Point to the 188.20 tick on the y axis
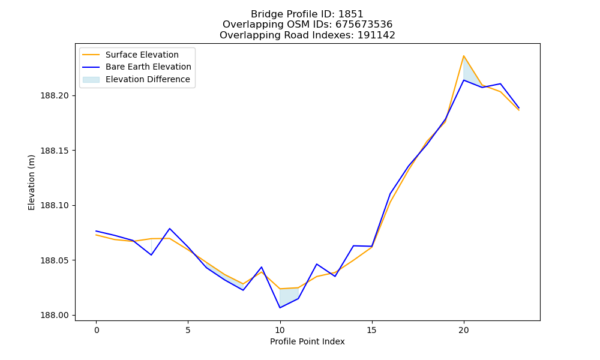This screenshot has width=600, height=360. pyautogui.click(x=55, y=95)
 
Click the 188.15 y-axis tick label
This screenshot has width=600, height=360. pyautogui.click(x=55, y=151)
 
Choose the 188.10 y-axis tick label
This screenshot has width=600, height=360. pyautogui.click(x=55, y=205)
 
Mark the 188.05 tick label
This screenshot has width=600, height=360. pyautogui.click(x=55, y=260)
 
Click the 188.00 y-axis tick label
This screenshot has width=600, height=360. pyautogui.click(x=55, y=316)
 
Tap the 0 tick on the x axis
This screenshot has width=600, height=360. pyautogui.click(x=96, y=330)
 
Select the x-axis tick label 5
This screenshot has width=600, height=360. pyautogui.click(x=188, y=330)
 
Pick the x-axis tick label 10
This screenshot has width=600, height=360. pyautogui.click(x=280, y=330)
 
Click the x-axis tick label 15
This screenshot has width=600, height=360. pyautogui.click(x=372, y=330)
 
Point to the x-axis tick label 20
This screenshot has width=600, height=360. pyautogui.click(x=464, y=330)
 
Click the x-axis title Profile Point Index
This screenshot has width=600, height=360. pyautogui.click(x=307, y=341)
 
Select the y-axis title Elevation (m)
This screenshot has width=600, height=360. pyautogui.click(x=31, y=182)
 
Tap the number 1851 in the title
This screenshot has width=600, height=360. pyautogui.click(x=351, y=14)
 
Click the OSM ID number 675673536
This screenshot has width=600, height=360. pyautogui.click(x=364, y=25)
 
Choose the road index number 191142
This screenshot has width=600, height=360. pyautogui.click(x=376, y=35)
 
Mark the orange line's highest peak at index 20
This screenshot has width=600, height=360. pyautogui.click(x=464, y=56)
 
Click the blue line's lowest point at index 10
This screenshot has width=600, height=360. pyautogui.click(x=280, y=308)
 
